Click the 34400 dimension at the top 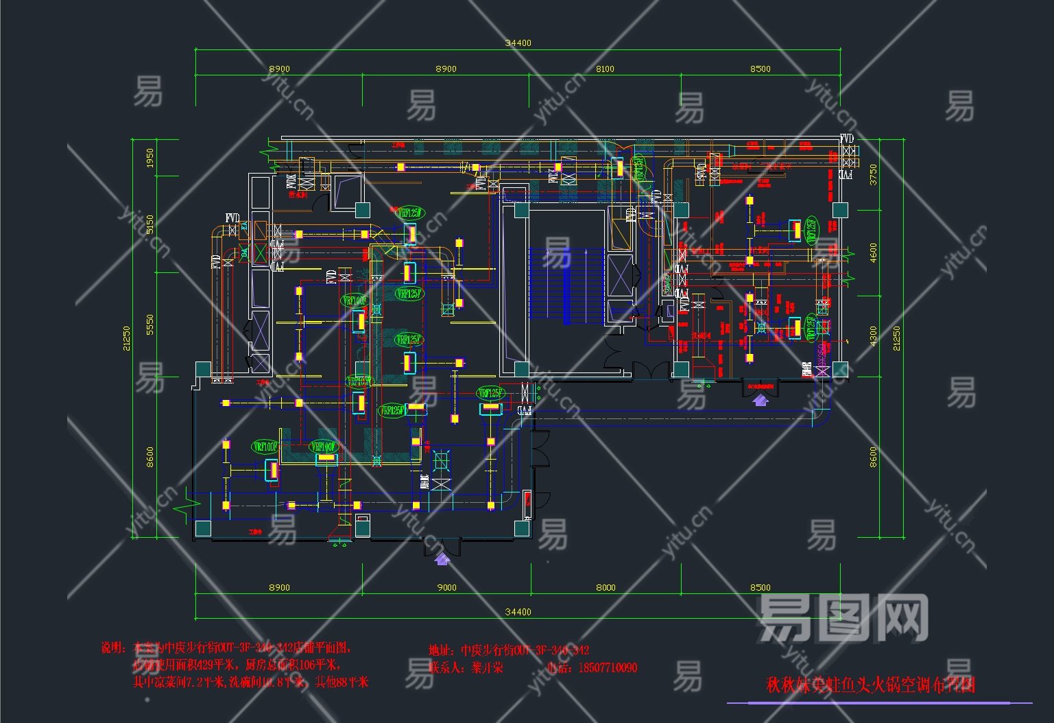click(x=518, y=43)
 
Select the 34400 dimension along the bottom click(x=518, y=612)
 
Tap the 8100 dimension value click(x=605, y=69)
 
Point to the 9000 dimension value click(x=446, y=587)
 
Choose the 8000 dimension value click(x=606, y=587)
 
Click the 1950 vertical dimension click(x=150, y=158)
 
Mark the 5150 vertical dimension click(x=150, y=224)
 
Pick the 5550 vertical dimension click(x=150, y=324)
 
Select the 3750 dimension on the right click(x=873, y=174)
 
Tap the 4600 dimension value click(x=873, y=252)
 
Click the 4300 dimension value click(x=873, y=335)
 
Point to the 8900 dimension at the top click(x=279, y=69)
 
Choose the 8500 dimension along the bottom click(x=760, y=587)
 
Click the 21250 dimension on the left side click(x=127, y=337)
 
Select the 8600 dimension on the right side click(x=873, y=457)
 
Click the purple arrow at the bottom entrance click(x=442, y=558)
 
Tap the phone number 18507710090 click(x=608, y=667)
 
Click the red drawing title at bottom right click(x=870, y=685)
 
